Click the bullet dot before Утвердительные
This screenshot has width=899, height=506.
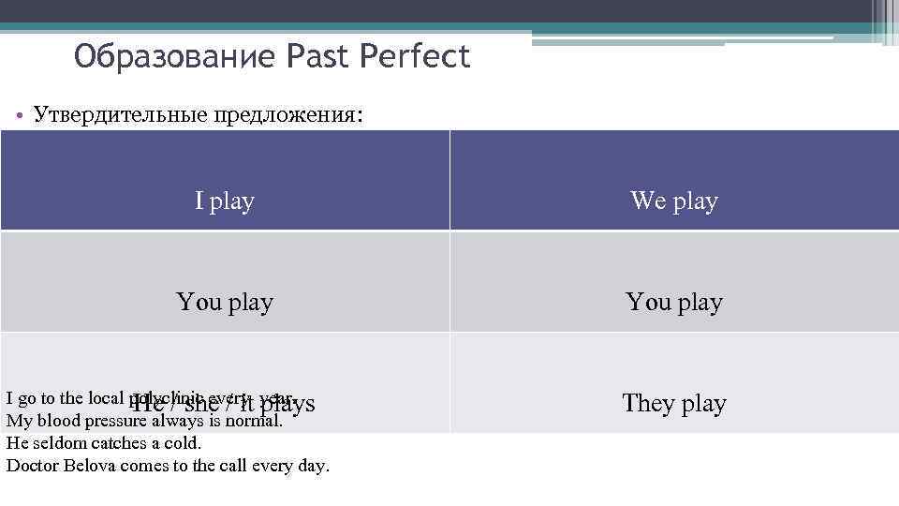[x=20, y=116]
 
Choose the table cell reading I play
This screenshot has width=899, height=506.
[x=225, y=201]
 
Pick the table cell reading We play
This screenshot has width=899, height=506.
[x=674, y=201]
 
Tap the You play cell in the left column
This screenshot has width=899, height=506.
[x=225, y=302]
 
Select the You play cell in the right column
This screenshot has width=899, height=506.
[x=674, y=302]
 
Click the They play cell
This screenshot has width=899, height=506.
[x=674, y=403]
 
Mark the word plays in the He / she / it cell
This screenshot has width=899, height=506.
[x=287, y=404]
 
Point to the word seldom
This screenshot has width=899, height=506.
[x=52, y=443]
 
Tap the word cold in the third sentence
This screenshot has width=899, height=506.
[x=182, y=443]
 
